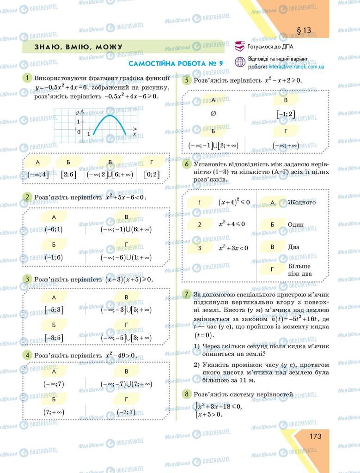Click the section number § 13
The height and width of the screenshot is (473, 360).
coord(304,30)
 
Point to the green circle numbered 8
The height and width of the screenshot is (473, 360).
coord(187,394)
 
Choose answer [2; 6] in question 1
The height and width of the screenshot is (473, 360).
coord(68,175)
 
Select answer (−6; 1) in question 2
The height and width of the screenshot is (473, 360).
coord(54,229)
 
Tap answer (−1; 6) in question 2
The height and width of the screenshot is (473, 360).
coord(54,257)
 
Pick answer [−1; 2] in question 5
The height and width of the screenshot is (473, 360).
coord(285,114)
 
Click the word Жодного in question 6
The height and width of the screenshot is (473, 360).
coord(302,202)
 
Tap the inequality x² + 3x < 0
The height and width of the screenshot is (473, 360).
coord(233,248)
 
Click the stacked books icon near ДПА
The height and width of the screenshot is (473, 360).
coord(240,46)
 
